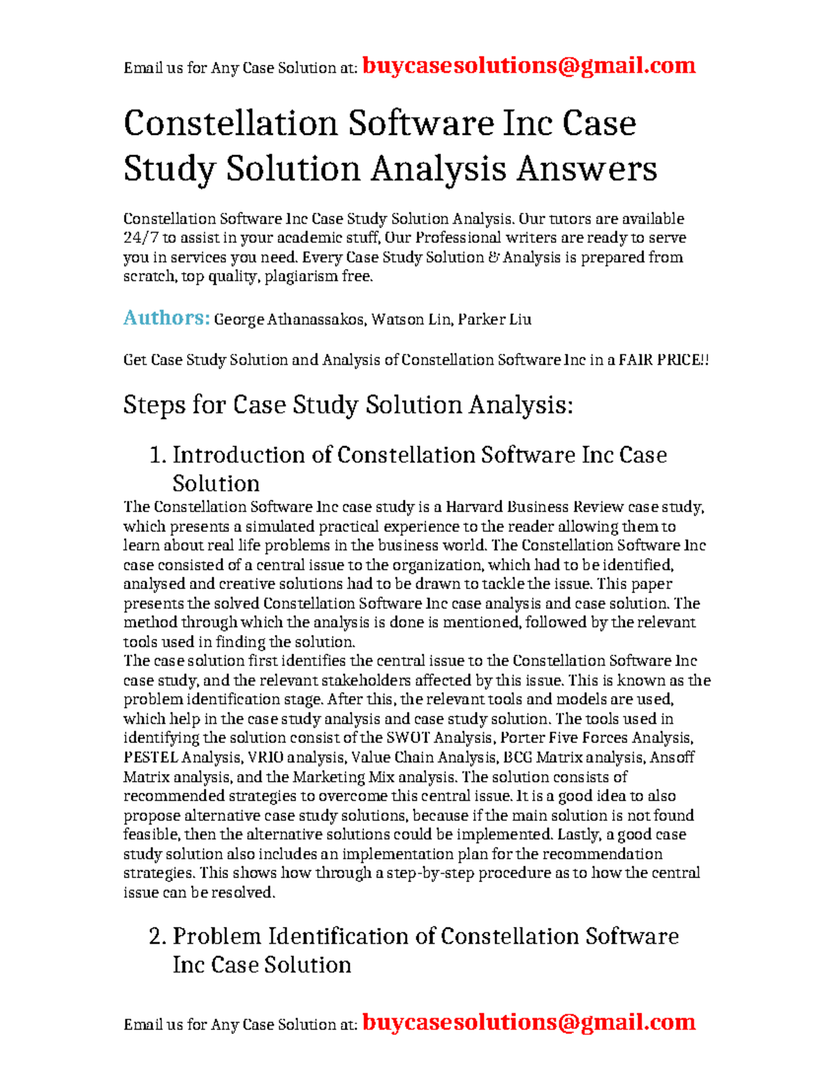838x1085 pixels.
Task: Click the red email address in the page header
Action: coord(529,66)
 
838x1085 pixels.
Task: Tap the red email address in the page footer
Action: coord(529,1022)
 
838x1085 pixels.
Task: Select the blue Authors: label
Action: coord(166,319)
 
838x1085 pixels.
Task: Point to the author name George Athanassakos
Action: coord(289,320)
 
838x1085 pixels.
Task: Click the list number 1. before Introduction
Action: coord(158,456)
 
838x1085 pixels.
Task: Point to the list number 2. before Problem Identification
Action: coord(158,937)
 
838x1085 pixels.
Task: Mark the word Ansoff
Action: coord(670,758)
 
